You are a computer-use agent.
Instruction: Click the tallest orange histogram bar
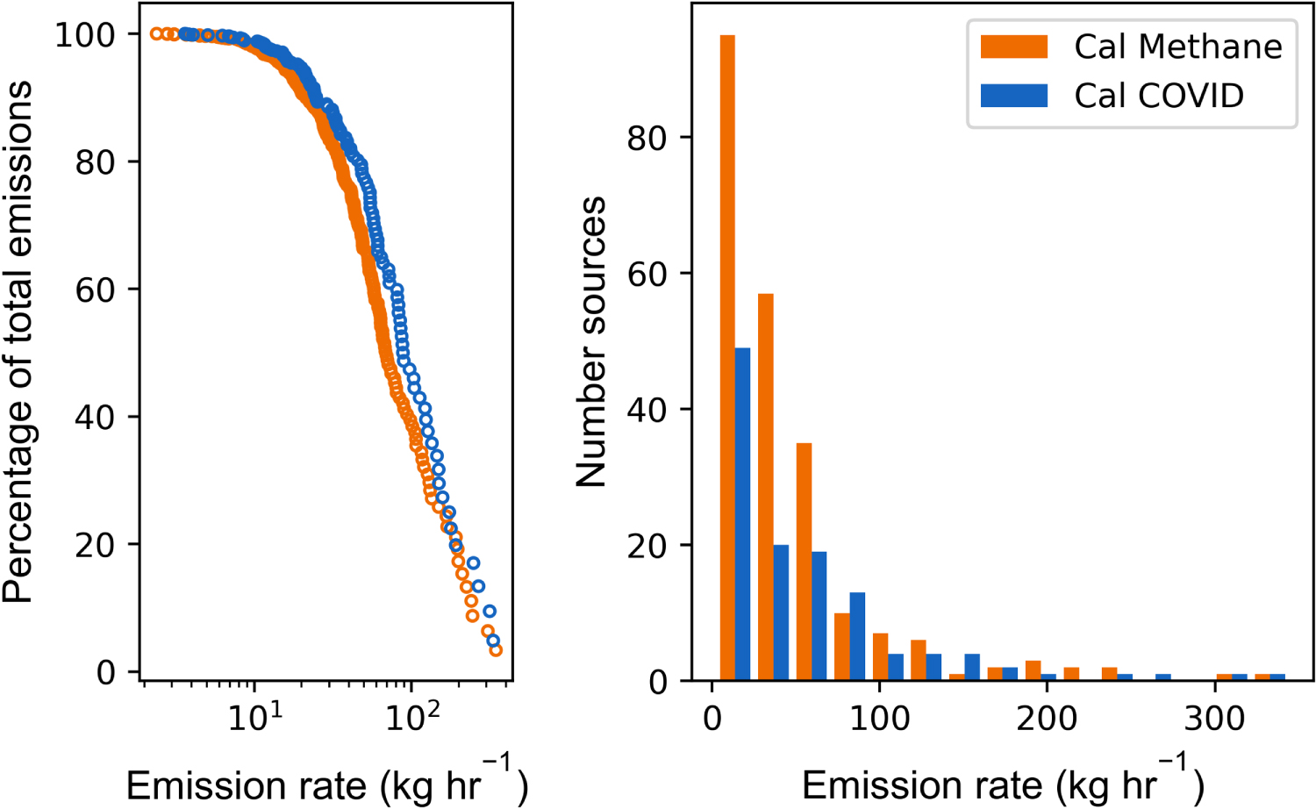(727, 358)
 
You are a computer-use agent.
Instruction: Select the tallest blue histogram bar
(742, 515)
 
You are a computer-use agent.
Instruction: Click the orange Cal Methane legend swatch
(1014, 47)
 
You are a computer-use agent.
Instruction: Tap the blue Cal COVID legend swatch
(1014, 96)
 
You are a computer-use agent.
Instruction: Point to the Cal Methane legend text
(1178, 47)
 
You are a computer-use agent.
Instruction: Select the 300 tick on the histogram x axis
(1214, 718)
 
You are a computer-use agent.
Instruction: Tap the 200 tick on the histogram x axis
(1047, 718)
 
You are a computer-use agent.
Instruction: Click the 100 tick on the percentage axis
(84, 35)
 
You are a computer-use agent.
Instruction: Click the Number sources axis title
(590, 342)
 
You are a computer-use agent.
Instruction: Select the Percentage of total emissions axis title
(17, 342)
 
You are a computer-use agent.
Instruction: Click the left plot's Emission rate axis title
(326, 782)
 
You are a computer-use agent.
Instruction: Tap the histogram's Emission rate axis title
(1003, 782)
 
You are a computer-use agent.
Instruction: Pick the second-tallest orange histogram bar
(766, 487)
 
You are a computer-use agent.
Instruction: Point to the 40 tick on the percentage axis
(95, 417)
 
